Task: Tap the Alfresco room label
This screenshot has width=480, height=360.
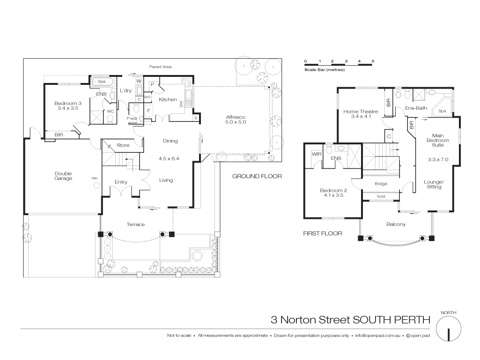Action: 236,119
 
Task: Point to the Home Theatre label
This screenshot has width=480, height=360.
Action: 357,114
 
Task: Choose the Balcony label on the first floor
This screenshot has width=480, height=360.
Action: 396,224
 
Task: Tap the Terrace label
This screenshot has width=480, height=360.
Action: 136,225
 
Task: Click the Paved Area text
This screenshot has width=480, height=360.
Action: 160,67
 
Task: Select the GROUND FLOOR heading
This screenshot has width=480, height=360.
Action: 257,176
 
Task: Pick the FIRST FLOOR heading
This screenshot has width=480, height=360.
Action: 323,233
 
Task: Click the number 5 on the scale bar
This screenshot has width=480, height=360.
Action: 373,61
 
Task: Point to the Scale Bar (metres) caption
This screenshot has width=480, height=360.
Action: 325,70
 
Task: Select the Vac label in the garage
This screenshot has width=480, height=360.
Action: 95,178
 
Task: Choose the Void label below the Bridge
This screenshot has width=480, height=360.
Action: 381,196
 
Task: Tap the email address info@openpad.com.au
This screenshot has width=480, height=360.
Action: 377,336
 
